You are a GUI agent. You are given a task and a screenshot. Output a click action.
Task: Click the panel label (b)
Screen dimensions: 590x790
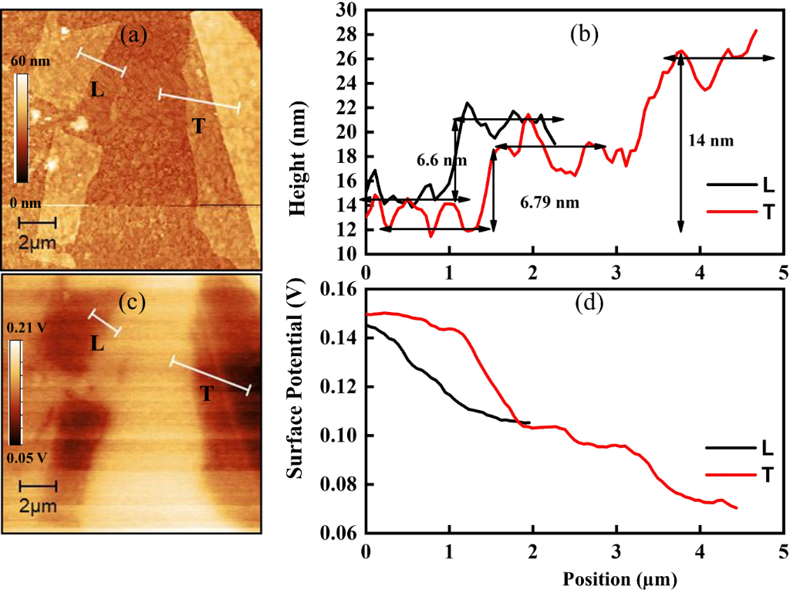pos(583,34)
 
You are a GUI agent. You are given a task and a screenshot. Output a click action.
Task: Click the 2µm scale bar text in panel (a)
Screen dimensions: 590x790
pos(36,245)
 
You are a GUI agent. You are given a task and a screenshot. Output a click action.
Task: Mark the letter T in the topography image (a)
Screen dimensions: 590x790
pos(197,127)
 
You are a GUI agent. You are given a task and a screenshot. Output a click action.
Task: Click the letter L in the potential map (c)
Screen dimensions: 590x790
pos(96,343)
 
